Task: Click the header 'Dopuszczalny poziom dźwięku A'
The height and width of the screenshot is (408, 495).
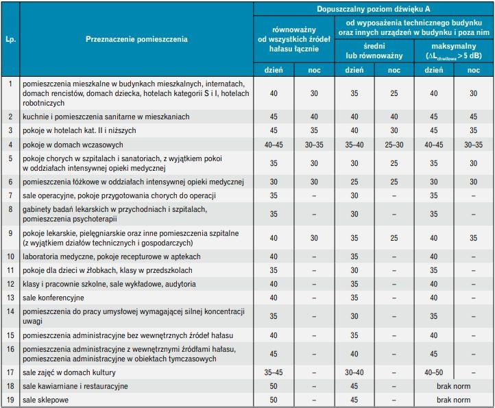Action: coord(374,9)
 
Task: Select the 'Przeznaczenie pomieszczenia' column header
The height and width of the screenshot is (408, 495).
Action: coord(136,39)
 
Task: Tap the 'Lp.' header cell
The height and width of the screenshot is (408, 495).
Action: coord(10,40)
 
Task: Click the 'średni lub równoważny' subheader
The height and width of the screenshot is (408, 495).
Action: coord(374,51)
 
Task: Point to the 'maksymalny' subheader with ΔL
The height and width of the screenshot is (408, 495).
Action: coord(454,51)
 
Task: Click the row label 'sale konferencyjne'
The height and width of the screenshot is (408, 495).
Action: coord(53,298)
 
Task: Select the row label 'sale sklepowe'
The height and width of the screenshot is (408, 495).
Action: coord(45,400)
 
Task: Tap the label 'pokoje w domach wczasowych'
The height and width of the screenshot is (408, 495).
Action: coord(73,145)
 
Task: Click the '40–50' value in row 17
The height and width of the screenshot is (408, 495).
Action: coord(434,372)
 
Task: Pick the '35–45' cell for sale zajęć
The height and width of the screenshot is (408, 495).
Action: coord(274,372)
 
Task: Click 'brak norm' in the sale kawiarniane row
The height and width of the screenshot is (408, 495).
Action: coord(454,386)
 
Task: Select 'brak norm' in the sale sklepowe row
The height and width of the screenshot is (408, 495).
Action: coord(454,400)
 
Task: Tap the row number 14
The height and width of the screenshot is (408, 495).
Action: coord(10,311)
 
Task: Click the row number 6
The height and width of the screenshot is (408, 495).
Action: coord(10,182)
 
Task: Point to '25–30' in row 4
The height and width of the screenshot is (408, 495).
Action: coord(394,145)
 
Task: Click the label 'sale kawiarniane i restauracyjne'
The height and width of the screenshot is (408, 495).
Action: coord(75,386)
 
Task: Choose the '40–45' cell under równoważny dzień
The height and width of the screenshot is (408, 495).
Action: coord(274,145)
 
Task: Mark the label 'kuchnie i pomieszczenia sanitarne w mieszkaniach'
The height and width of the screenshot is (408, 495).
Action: coord(106,117)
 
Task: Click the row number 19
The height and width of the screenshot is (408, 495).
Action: coord(10,400)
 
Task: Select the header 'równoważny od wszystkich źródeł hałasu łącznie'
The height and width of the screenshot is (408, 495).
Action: coord(294,39)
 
